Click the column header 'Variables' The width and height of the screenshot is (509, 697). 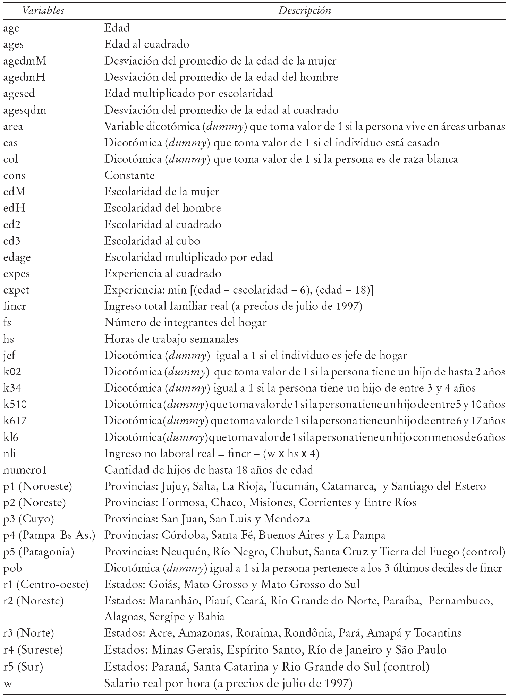pos(43,10)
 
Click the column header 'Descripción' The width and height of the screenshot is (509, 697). pos(305,10)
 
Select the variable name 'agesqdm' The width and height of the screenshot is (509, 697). pos(25,110)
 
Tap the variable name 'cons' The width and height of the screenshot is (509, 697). pos(14,175)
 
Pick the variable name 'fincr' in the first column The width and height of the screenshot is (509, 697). pos(15,306)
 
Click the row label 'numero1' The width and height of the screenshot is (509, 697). pos(25,470)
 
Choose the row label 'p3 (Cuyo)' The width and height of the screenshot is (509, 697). pos(29,519)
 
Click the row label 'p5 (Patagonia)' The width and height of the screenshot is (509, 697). pos(39,552)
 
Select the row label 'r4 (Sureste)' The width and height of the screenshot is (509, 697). pos(33,650)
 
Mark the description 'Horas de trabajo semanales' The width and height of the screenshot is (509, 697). pos(171,339)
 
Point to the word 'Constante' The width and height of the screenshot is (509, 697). pos(129,175)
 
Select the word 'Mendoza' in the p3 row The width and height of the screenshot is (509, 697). pos(287,519)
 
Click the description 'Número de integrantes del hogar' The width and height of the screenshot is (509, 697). pos(185,323)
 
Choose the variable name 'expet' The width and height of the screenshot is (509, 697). pos(16,290)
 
